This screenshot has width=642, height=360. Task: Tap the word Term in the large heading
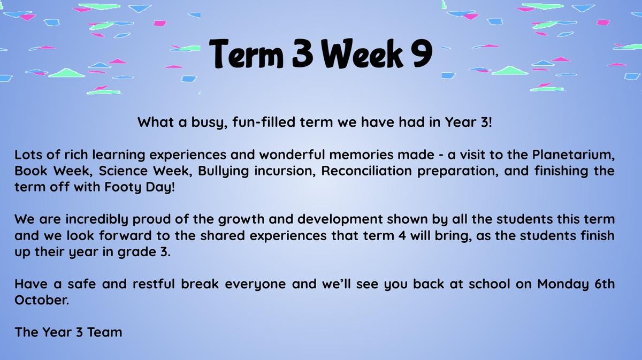point(247,53)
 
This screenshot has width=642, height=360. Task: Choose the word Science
point(123,171)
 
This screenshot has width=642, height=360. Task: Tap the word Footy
point(123,187)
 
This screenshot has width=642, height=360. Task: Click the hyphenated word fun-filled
point(264,122)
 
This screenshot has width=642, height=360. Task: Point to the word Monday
point(563,285)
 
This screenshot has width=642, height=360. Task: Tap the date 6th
point(605,284)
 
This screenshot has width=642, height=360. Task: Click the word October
point(42,300)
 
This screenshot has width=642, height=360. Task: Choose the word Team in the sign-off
point(105,332)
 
